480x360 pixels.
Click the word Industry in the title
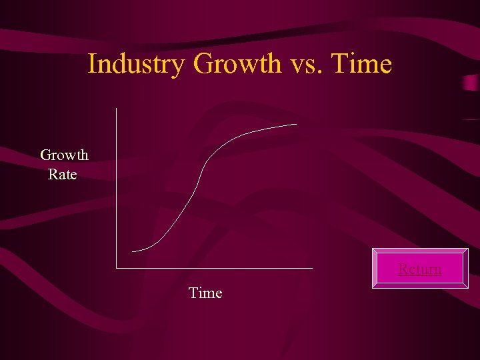pyautogui.click(x=137, y=65)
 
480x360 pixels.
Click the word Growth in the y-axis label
pyautogui.click(x=64, y=155)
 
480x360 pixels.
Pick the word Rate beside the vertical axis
pyautogui.click(x=63, y=175)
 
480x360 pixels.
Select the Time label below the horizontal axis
pyautogui.click(x=205, y=293)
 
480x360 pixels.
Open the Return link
pyautogui.click(x=420, y=269)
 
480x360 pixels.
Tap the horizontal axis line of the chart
pyautogui.click(x=213, y=268)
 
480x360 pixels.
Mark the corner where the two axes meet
pyautogui.click(x=116, y=268)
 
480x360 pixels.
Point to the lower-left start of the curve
pyautogui.click(x=133, y=251)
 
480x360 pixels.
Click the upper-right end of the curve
pyautogui.click(x=297, y=124)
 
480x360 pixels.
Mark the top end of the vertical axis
pyautogui.click(x=116, y=109)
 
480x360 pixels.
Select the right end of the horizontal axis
pyautogui.click(x=312, y=268)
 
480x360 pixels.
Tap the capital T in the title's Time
pyautogui.click(x=339, y=65)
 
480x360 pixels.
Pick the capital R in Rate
pyautogui.click(x=53, y=175)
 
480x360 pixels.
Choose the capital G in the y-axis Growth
pyautogui.click(x=46, y=155)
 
